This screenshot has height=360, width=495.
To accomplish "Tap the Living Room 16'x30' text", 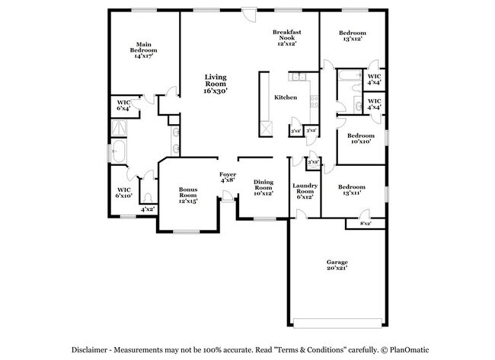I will (215, 84).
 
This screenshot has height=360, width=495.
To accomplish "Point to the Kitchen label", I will (285, 97).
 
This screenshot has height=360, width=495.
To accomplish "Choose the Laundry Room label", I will (305, 192).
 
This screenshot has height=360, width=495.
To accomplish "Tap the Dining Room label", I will (263, 187).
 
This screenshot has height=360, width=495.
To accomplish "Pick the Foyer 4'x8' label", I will (228, 178).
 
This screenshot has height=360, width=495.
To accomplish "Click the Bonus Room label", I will (188, 195).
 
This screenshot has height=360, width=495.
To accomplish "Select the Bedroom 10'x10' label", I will (362, 139).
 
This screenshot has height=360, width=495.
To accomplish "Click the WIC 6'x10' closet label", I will (124, 192).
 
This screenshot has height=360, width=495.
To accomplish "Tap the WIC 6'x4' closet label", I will (123, 106).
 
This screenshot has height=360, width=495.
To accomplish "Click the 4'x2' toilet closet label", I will (147, 209).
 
